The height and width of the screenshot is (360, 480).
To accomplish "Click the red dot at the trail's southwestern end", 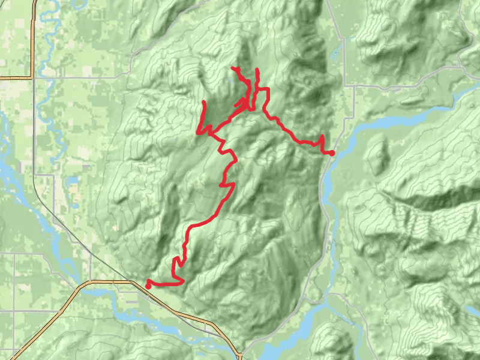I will tap(148, 286).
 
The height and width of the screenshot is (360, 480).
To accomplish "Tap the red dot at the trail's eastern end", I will tap(332, 154).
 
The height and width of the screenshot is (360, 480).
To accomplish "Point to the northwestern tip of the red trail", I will tap(233, 68).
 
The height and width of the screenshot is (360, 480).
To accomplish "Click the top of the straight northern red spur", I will tap(257, 70).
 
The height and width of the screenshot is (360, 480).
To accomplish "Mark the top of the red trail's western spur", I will tap(205, 103).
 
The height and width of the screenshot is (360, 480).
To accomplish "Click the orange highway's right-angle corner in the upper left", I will tap(31, 77).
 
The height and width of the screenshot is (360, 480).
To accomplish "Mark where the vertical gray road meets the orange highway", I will tap(91, 281).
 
